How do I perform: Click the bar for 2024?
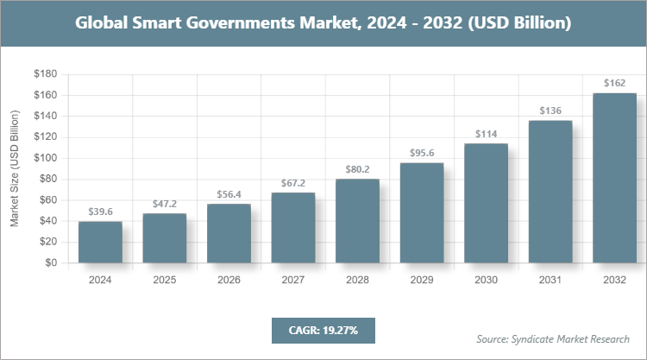coord(100,243)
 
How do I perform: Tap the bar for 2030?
coord(486,204)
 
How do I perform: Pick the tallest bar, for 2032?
coord(614,178)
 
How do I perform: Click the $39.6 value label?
coord(100,212)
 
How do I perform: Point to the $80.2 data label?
coord(357,169)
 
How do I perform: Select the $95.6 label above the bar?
coord(422,153)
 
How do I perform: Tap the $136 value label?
coord(550,111)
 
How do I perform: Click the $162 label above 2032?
coord(614,84)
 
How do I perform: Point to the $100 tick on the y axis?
coord(46,158)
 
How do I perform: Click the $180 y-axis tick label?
coord(46,74)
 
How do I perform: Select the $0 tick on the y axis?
coord(51,262)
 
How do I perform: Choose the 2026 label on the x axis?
coord(229,280)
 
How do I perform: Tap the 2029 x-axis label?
coord(422,280)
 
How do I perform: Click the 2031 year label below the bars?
coord(550,280)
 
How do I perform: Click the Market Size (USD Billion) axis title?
coord(15,168)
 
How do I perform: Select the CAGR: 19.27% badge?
coord(323,330)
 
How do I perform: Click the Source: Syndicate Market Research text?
coord(553,338)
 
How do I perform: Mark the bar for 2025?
coord(165,238)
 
